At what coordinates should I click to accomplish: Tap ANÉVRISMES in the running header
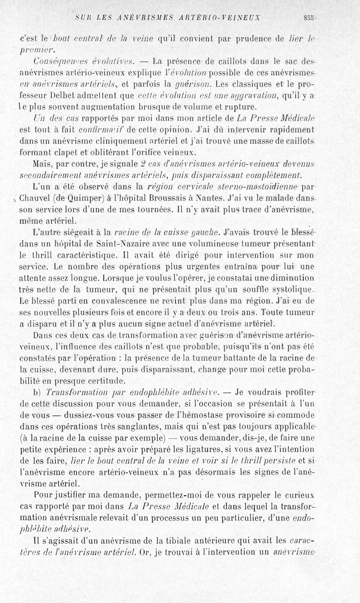tap(130, 18)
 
